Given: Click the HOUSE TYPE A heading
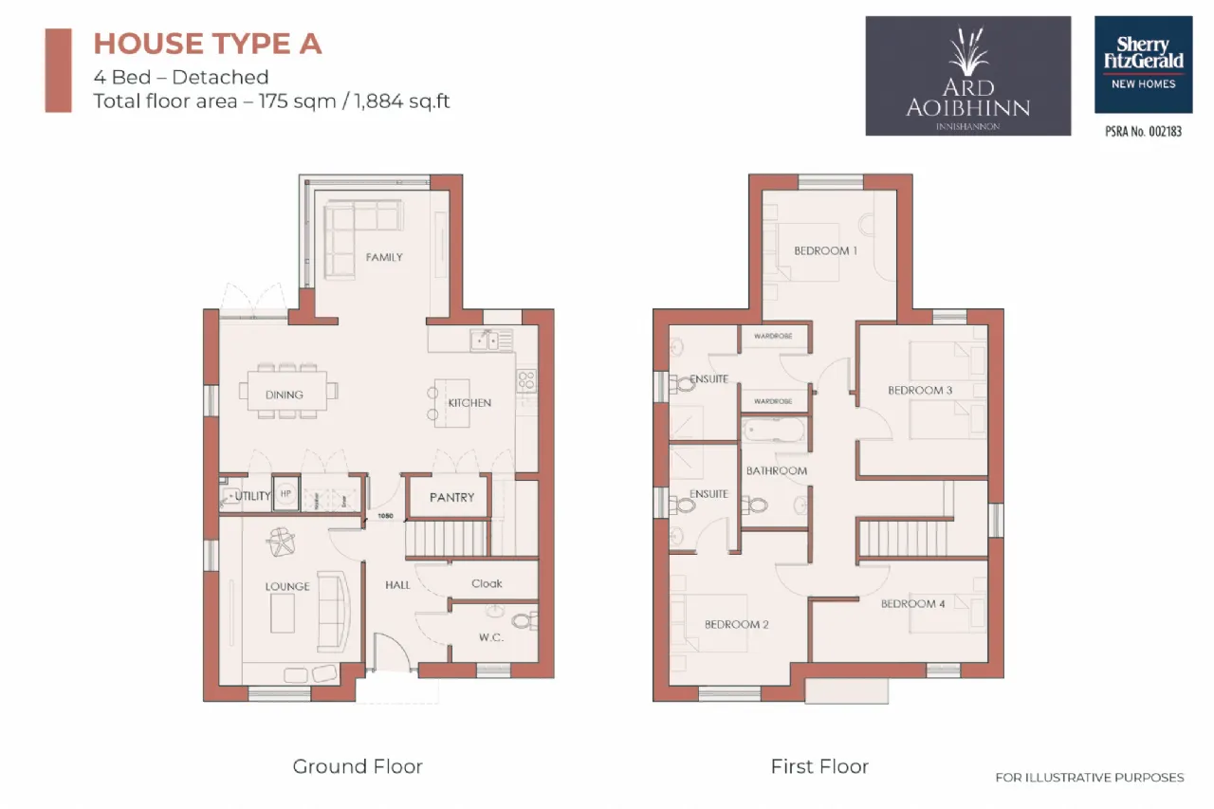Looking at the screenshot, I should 208,44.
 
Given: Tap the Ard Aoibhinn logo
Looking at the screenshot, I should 967,76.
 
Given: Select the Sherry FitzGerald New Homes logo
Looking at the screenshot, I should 1143,64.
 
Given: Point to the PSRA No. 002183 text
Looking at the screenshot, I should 1143,132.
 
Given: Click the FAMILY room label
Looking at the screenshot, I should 384,257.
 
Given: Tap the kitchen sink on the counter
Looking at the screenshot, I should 489,340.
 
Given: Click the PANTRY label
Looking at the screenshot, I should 451,497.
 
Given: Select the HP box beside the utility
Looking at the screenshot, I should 286,494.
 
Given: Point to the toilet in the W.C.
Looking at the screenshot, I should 521,621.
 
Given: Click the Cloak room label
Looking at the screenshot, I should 487,583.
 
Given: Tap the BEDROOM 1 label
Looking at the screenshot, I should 825,250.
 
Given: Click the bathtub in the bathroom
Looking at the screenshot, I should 775,432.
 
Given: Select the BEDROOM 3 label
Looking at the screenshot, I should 920,390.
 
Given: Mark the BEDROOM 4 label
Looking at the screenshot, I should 912,603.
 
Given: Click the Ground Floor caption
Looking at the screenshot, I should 358,766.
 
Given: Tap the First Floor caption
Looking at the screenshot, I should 819,766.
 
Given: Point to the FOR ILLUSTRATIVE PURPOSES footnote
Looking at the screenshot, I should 1089,778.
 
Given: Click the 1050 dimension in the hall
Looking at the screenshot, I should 384,517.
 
